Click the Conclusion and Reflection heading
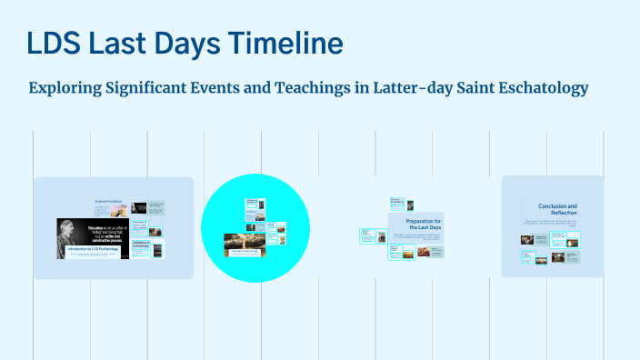(557, 211)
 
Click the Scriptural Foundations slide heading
(107, 200)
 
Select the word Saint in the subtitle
(459, 88)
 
